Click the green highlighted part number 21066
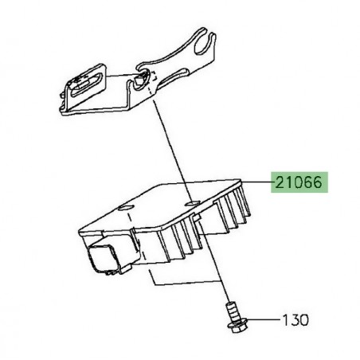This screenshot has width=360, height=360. tap(299, 182)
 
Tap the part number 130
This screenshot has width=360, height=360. tap(295, 320)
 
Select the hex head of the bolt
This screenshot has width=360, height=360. tap(237, 325)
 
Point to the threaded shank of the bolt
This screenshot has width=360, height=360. tap(232, 311)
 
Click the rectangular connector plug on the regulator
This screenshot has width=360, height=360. tap(102, 258)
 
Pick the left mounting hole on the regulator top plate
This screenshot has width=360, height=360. tap(126, 208)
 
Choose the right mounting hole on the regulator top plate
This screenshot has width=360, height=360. tap(192, 203)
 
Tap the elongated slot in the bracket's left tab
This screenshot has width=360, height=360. tap(85, 84)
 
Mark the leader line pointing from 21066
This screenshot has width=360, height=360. tap(256, 182)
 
